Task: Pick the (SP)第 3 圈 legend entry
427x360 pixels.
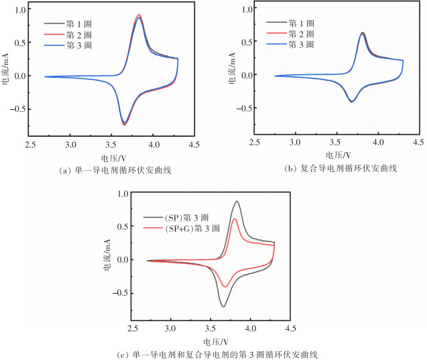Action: [x=184, y=218]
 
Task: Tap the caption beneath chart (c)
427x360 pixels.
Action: [x=210, y=353]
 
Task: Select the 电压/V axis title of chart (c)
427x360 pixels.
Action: [x=210, y=341]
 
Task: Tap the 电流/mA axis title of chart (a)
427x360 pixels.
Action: [x=6, y=76]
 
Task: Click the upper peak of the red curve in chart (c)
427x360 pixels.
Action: [x=235, y=219]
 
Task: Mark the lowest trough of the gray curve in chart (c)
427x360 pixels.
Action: [x=223, y=306]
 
